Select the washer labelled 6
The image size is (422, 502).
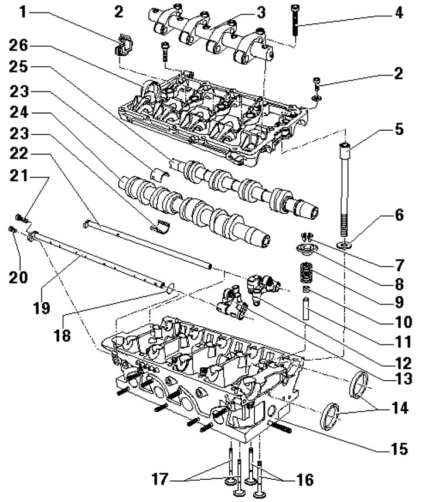[x=343, y=243]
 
